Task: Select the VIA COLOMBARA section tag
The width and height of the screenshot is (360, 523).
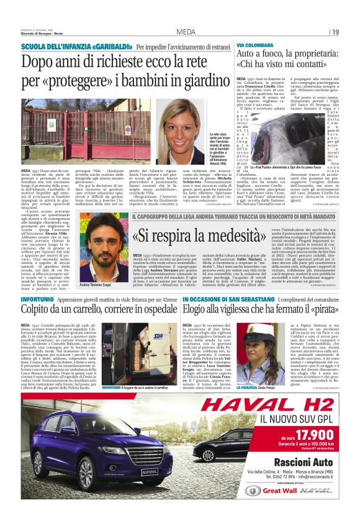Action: [x=254, y=47]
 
